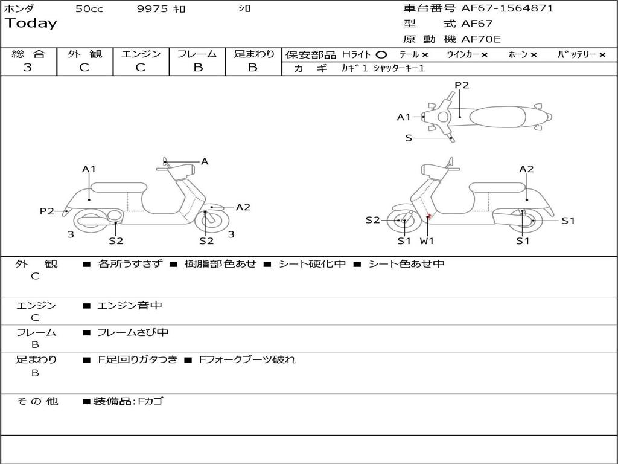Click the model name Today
point(31,24)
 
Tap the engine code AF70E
point(481,39)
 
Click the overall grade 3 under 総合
point(28,68)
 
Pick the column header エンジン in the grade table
point(141,54)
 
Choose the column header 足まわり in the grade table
point(253,54)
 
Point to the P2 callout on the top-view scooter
point(462,85)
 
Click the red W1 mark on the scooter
point(428,216)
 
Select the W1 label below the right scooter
point(427,241)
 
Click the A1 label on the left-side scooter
point(89,169)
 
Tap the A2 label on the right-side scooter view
point(526,169)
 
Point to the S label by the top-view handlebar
point(409,138)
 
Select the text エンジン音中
point(130,306)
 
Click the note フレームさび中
point(133,332)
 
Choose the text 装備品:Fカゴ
point(128,401)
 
